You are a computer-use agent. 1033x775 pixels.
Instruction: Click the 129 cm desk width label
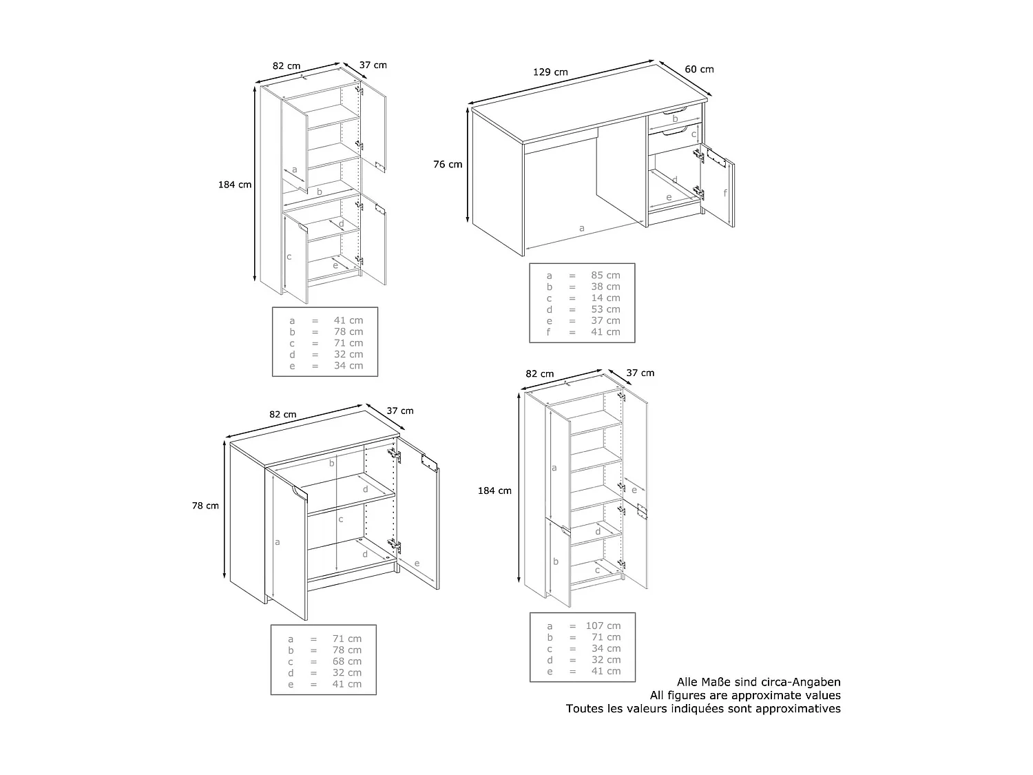click(550, 72)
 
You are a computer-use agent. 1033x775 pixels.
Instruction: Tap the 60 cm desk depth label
click(699, 69)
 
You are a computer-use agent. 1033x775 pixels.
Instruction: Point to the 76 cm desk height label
click(448, 165)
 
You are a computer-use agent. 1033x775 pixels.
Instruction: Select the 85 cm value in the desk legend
click(605, 276)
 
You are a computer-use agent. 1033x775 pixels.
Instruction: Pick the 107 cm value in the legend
click(603, 626)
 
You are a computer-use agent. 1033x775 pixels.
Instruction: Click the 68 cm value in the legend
click(346, 661)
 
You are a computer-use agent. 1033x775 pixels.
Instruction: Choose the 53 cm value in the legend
click(605, 309)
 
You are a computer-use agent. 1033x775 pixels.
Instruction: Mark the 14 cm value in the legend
click(605, 298)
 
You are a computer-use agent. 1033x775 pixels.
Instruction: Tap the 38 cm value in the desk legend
click(605, 287)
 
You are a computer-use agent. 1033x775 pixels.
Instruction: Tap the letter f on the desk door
click(725, 193)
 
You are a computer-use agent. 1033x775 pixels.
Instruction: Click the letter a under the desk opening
click(582, 227)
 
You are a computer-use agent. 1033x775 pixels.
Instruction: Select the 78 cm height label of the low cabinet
click(205, 506)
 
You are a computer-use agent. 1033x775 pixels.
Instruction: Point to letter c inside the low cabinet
click(341, 519)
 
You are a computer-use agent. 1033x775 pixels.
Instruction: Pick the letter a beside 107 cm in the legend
click(550, 626)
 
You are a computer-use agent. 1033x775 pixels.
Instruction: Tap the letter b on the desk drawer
click(675, 119)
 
